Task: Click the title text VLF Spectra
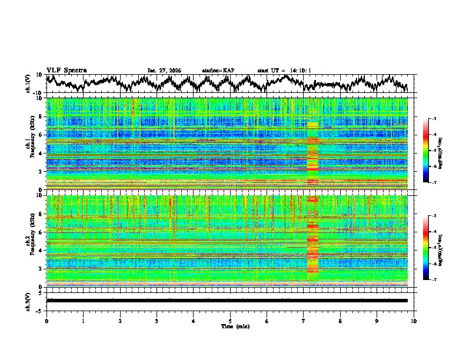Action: coord(66,70)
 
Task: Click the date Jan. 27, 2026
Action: coord(164,71)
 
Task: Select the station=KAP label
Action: coord(218,71)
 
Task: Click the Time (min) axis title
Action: coord(230,326)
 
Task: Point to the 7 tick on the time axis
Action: coord(304,321)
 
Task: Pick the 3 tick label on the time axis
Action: coord(157,321)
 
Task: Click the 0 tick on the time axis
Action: coord(46,321)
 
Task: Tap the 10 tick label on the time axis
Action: coord(414,321)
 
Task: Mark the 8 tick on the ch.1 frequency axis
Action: coord(41,116)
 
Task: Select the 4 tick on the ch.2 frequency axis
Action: coord(41,251)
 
